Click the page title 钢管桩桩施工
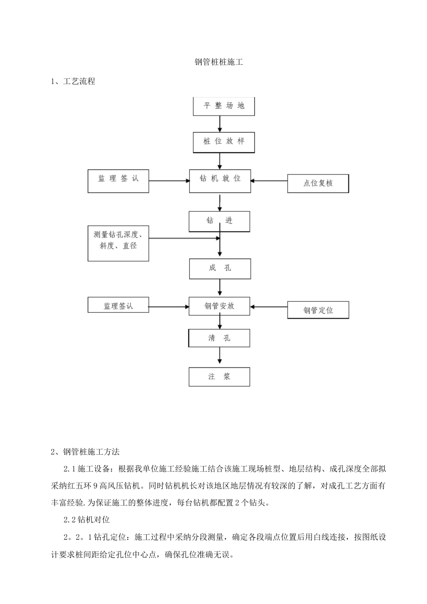218,62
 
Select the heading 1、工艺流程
73,81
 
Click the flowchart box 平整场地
224,106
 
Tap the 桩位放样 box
224,142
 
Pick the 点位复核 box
318,183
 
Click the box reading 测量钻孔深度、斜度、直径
118,244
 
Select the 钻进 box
219,221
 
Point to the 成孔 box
220,269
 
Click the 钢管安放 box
219,306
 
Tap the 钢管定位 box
318,310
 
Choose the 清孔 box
219,338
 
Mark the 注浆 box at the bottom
219,377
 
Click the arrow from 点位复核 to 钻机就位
269,181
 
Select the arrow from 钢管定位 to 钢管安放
269,307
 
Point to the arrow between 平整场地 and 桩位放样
220,124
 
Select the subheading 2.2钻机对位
87,520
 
